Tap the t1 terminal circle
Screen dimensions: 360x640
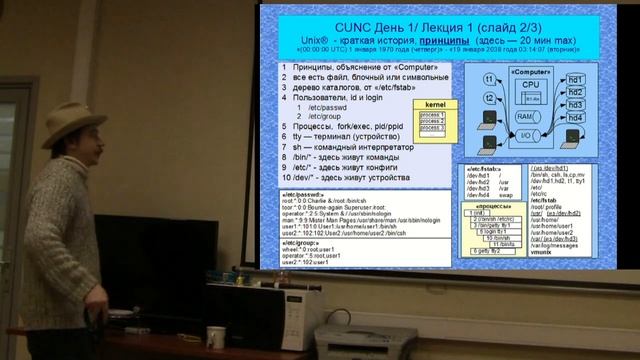(490, 78)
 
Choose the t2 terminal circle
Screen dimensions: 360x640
(490, 101)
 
